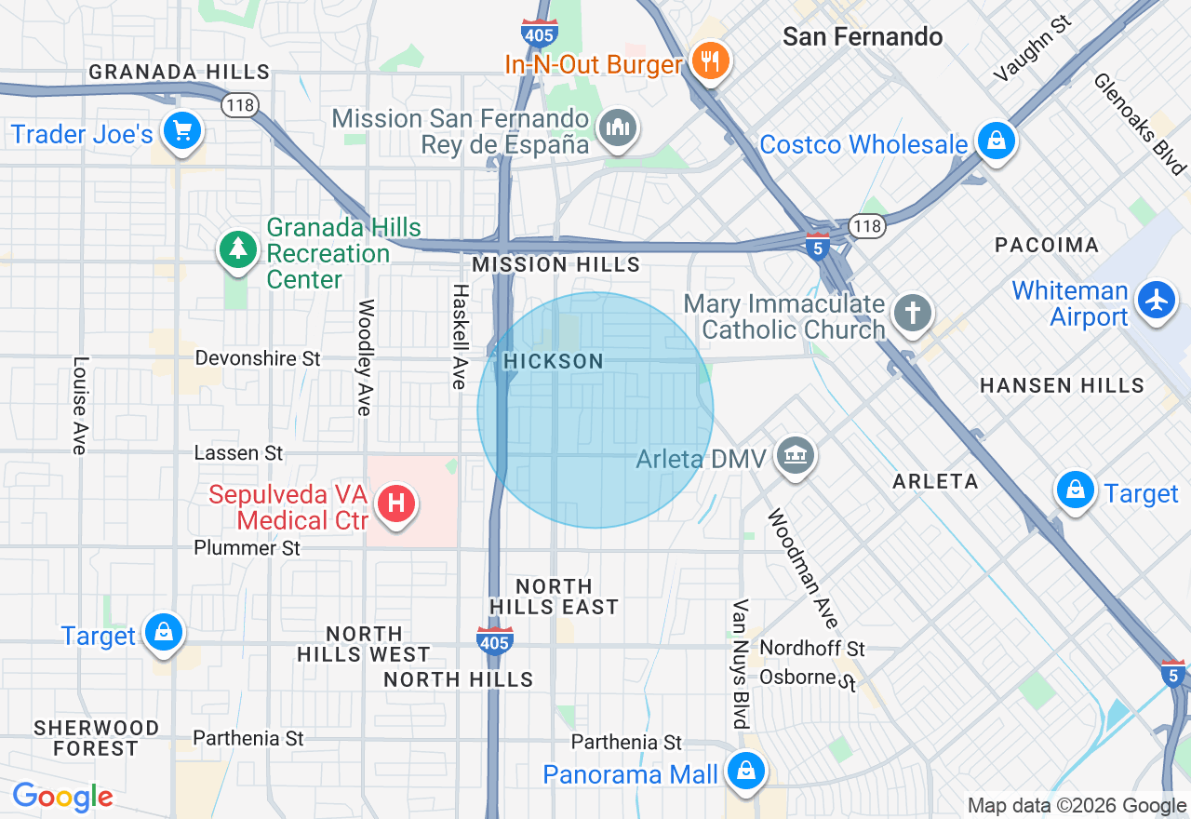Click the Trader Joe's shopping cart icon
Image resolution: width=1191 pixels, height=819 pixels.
point(182,131)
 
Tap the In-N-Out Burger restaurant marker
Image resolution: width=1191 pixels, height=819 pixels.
point(711,61)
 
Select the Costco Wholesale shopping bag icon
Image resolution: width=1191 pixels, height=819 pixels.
point(997,141)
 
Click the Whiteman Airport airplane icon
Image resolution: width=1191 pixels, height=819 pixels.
point(1157,301)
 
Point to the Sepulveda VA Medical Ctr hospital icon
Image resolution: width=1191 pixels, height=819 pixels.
point(396,504)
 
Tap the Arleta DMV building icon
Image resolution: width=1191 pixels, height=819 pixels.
point(795,456)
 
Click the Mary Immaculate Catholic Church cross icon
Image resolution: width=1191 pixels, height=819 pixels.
point(913,314)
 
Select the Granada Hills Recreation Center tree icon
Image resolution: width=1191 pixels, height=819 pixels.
point(239,248)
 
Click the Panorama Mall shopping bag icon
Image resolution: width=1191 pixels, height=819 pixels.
point(745,771)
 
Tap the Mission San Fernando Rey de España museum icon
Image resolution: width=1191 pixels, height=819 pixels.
point(618,128)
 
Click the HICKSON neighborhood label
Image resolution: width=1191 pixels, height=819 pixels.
point(554,361)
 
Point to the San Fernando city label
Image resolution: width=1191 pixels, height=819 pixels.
point(863,37)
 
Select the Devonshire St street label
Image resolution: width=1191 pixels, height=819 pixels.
point(258,358)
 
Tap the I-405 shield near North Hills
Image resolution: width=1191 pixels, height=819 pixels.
point(494,640)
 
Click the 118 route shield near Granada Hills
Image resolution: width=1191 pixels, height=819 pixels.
point(240,105)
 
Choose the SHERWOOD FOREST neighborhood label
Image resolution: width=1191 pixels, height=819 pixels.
point(97,737)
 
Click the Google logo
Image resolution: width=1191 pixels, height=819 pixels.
point(62,797)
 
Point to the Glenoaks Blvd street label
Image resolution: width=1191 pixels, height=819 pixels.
point(1139,125)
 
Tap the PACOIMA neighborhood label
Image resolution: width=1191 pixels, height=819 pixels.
point(1047,245)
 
